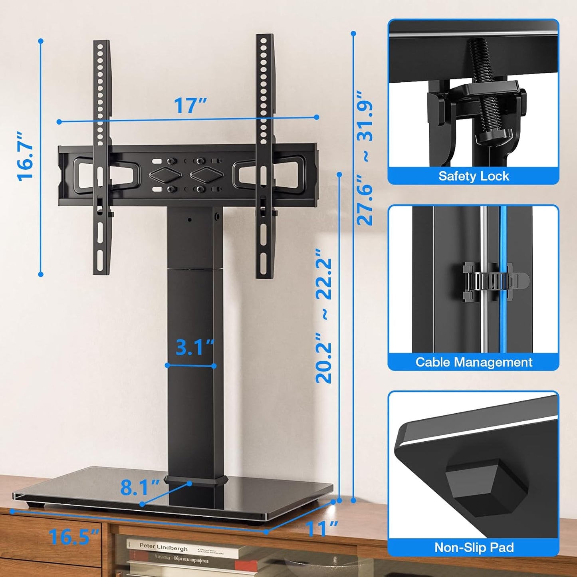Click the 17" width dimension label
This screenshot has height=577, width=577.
point(190,106)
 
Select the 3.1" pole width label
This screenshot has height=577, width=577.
point(194,347)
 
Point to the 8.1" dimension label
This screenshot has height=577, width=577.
point(140,487)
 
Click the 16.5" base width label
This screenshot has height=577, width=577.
point(73,536)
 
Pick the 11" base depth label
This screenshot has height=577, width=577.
point(322,529)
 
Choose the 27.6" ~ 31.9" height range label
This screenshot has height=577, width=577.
point(365,158)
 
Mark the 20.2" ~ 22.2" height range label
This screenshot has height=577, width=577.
point(324,315)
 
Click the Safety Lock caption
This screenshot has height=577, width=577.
point(474,176)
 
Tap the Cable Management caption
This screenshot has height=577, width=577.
point(474,362)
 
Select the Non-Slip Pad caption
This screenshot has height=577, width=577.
point(474,547)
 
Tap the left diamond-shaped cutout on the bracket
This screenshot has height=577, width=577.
point(165,175)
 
